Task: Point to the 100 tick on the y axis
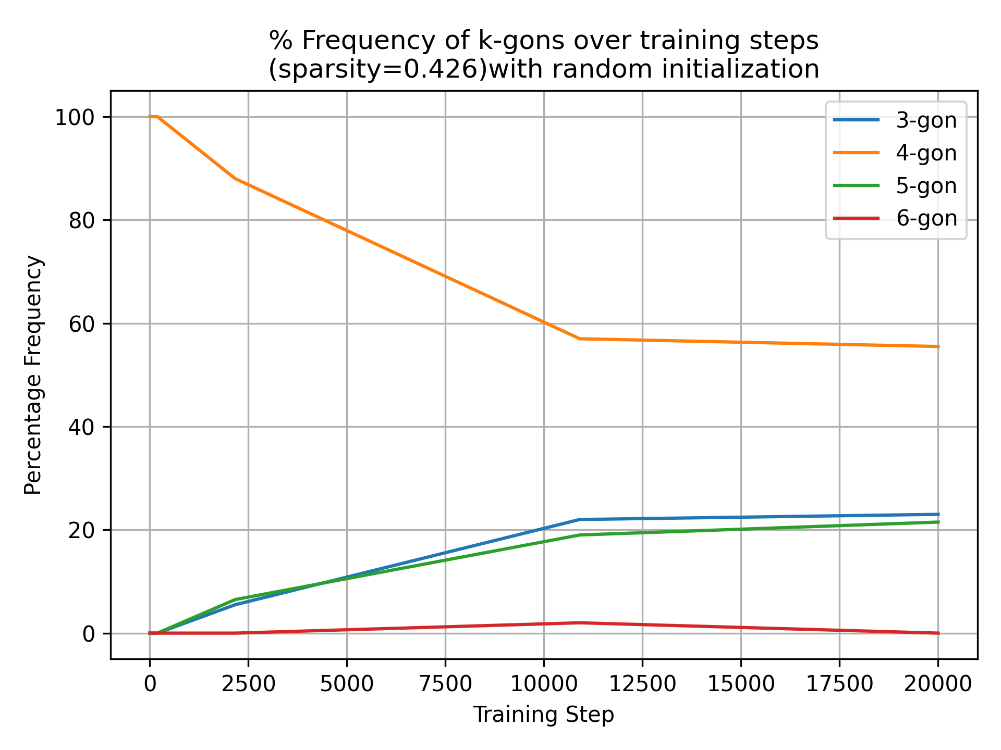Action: (78, 117)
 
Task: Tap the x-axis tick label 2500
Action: (248, 684)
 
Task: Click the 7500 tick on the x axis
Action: (445, 684)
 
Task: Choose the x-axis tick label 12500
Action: (642, 684)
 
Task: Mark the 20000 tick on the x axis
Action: (938, 684)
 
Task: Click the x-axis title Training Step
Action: (544, 715)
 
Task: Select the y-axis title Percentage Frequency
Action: (33, 375)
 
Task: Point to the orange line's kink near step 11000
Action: (579, 339)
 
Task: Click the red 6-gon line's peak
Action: (579, 622)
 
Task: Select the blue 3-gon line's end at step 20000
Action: (938, 515)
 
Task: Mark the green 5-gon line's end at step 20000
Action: (938, 522)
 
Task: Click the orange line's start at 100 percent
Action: (151, 117)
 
